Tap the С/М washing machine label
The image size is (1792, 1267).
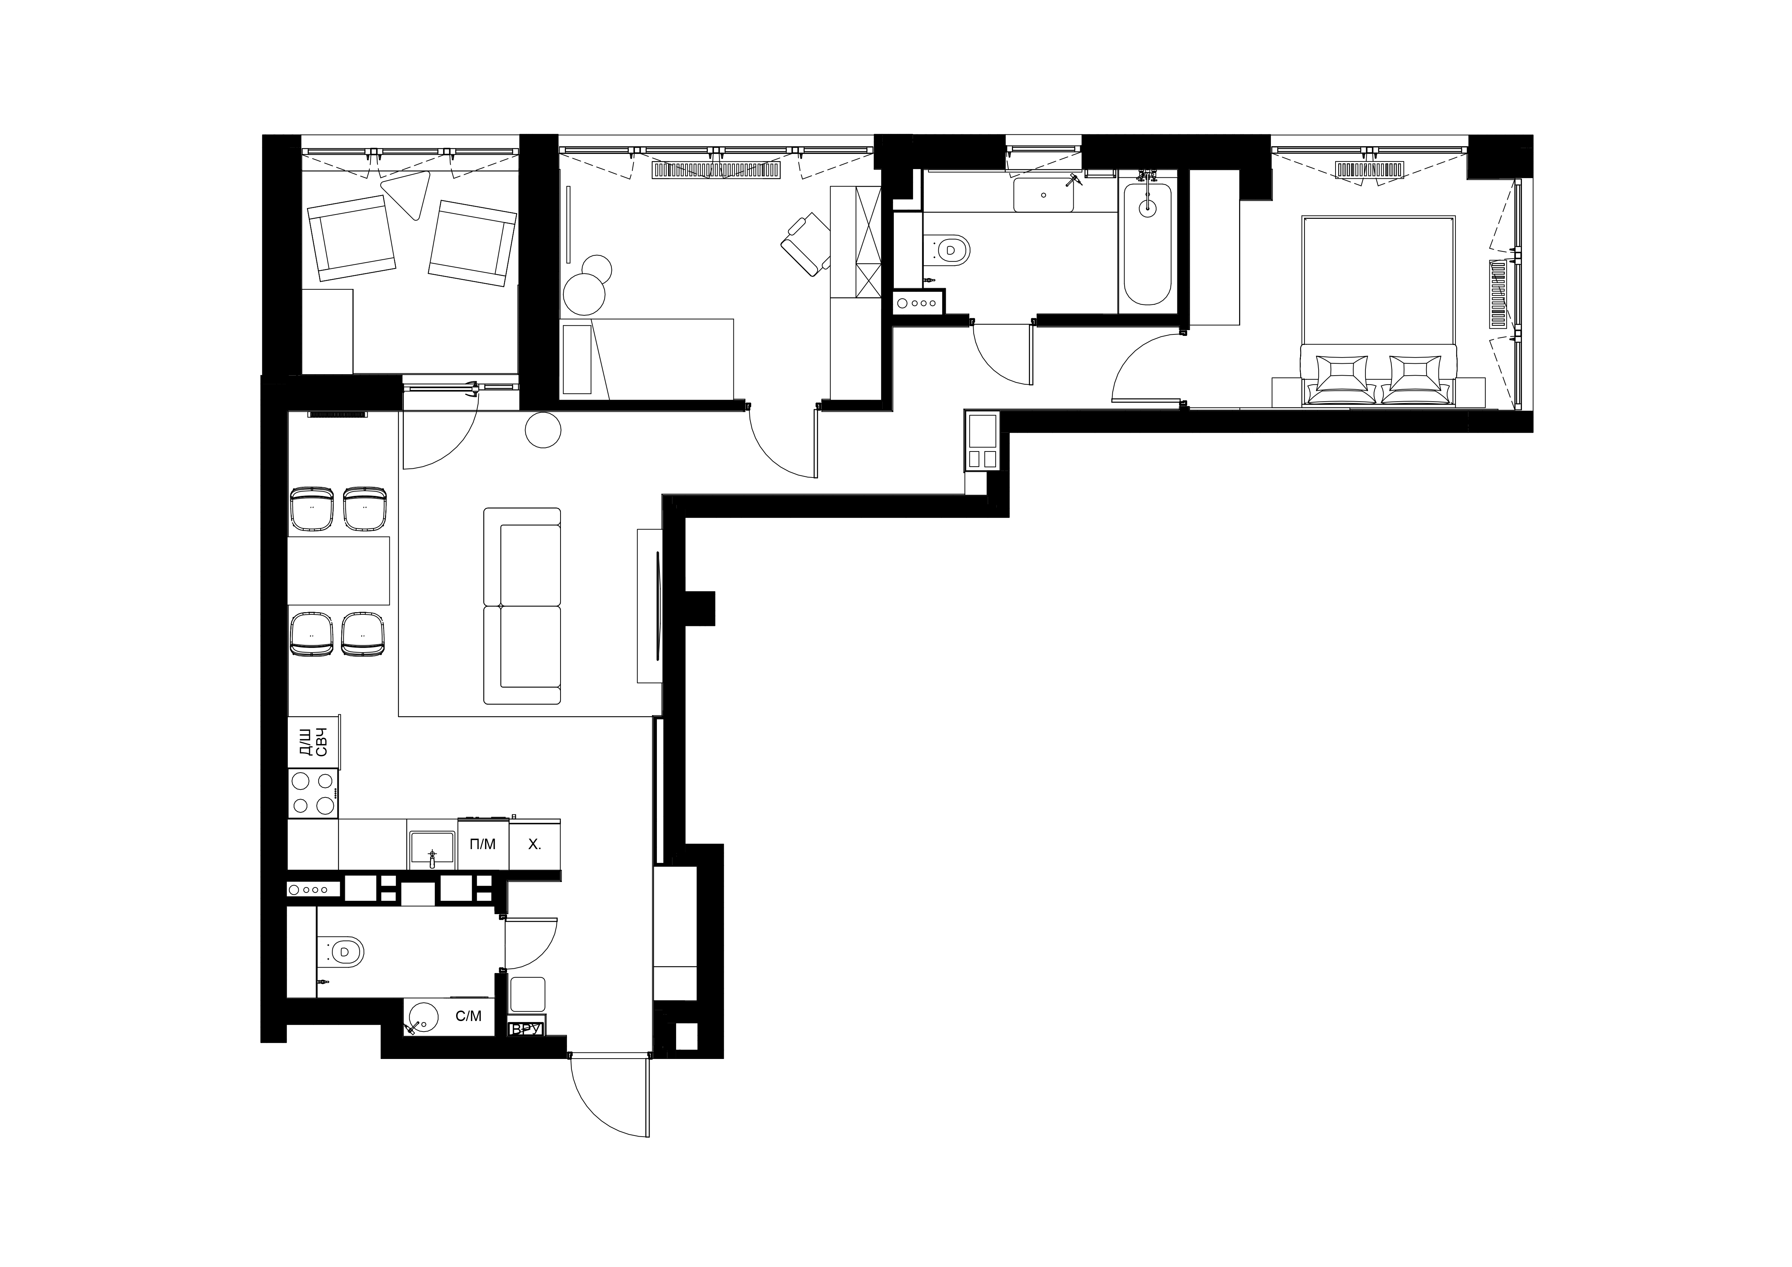(x=468, y=1016)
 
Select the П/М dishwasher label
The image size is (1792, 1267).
(x=482, y=844)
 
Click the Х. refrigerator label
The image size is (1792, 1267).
(x=534, y=844)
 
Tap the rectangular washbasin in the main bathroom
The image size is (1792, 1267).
(x=1043, y=194)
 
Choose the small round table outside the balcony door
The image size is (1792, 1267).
(x=543, y=430)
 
